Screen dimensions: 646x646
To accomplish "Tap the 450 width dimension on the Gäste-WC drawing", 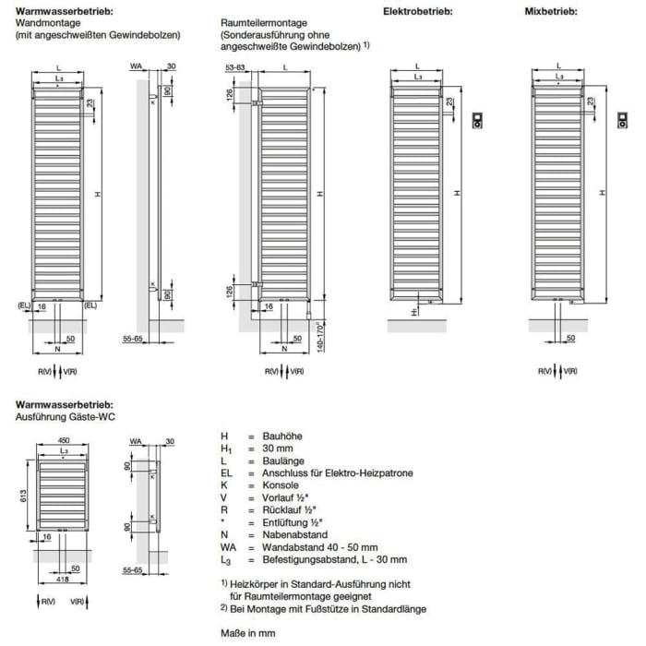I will click(63, 439).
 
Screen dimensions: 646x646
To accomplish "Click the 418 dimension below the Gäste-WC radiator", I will click(63, 579).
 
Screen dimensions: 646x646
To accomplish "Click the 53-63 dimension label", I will click(234, 68).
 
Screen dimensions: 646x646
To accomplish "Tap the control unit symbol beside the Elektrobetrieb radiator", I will click(479, 119).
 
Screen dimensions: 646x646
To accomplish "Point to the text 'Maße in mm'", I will click(247, 633).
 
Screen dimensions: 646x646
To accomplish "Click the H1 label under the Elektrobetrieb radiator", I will click(414, 313).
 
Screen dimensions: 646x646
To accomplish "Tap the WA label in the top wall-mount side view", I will click(136, 66).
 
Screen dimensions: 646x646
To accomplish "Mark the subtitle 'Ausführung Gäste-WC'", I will click(63, 417).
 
